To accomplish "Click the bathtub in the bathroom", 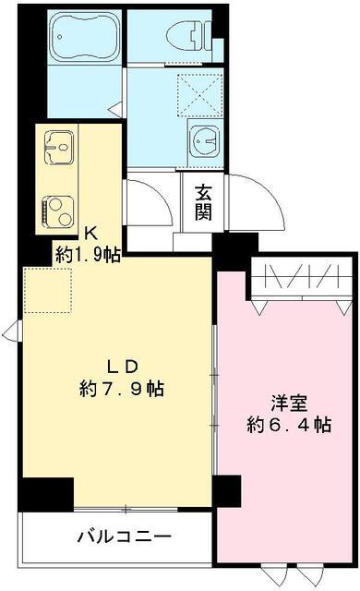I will click(82, 37).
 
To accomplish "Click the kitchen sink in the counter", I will click(58, 146).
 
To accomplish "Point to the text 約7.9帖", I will click(121, 389).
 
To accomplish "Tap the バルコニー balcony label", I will click(124, 537).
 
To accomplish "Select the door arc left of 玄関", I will click(153, 203).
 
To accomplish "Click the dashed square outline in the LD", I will click(42, 288).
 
